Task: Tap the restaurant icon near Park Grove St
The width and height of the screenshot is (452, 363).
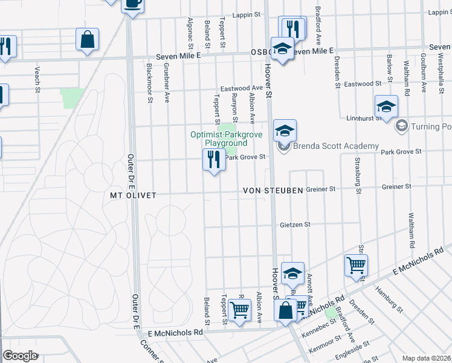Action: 213,160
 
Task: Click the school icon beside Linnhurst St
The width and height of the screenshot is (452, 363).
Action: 386,106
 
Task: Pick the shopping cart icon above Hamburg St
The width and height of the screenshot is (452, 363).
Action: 356,264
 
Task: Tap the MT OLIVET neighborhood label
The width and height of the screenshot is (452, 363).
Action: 134,195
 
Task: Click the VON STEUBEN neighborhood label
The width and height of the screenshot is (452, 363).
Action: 272,191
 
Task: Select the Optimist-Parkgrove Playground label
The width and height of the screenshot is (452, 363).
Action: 226,139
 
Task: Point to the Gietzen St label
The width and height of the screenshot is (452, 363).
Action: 295,224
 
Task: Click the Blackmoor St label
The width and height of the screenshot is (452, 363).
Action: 149,83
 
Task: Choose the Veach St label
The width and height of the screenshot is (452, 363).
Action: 37,76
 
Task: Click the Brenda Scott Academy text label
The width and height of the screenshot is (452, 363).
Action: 336,146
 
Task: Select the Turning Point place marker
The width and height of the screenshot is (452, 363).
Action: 400,126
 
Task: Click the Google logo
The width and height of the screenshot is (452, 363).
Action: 21,356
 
